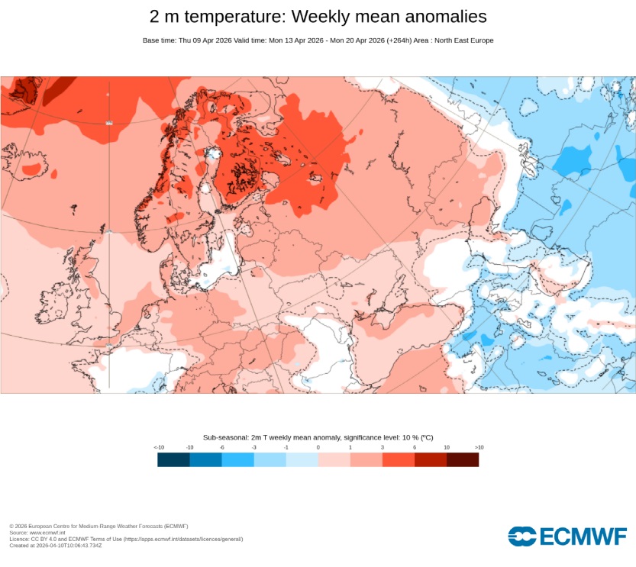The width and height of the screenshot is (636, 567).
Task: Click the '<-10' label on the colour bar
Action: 158,447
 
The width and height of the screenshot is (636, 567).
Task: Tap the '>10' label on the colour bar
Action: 479,447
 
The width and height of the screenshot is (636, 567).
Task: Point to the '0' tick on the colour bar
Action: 318,447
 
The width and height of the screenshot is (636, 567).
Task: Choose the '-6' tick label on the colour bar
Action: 222,447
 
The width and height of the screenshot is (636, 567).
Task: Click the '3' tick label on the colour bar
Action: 383,447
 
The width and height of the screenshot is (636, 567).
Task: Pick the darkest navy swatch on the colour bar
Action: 174,459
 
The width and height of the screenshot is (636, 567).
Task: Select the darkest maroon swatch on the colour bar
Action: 463,459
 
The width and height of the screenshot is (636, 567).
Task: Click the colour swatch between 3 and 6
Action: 399,459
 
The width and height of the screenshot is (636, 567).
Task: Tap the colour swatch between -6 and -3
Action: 238,459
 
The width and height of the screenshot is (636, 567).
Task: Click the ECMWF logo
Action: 567,536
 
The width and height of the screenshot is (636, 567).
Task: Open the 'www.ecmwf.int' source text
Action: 44,533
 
